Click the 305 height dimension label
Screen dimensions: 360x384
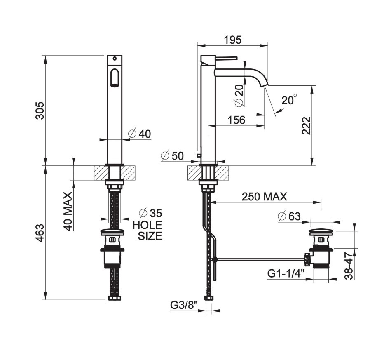coord(39,110)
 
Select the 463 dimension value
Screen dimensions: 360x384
coord(39,234)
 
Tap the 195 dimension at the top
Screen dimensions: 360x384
coord(233,40)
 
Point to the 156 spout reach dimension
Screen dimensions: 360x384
coord(236,120)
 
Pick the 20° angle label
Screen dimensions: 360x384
coord(289,100)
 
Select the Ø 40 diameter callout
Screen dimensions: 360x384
coord(140,134)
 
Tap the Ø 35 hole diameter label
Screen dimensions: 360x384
coord(150,213)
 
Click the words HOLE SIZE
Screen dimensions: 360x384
coord(147,231)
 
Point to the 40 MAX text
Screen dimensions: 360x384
coord(68,210)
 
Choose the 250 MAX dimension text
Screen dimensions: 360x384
coord(265,197)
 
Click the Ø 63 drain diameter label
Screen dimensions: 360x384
coord(289,216)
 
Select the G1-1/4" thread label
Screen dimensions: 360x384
coord(286,273)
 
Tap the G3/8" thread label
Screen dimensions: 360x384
coord(184,305)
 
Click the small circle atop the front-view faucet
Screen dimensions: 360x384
coord(114,58)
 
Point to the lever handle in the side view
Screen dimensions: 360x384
coord(226,58)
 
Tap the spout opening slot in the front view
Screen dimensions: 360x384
coord(114,78)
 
